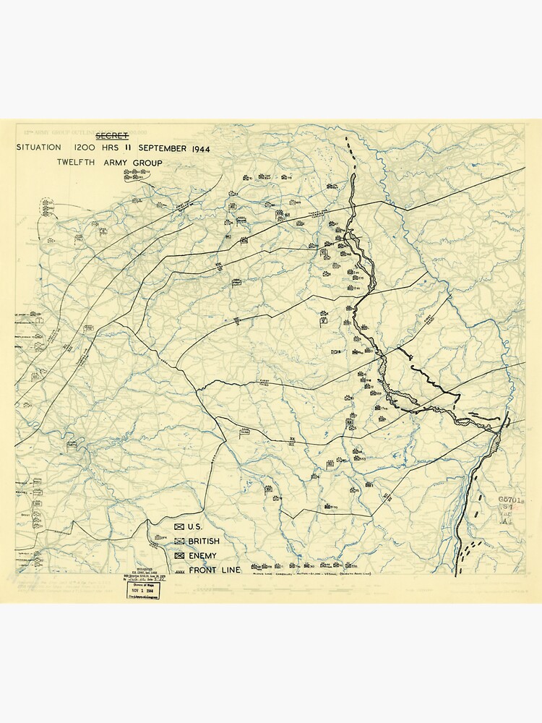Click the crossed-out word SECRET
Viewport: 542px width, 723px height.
click(x=112, y=135)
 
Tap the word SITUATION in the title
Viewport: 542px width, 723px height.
click(x=39, y=148)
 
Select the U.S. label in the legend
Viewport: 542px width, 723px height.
click(x=195, y=527)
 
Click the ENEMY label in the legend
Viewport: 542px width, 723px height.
click(x=202, y=556)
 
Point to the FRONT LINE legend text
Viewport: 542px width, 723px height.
click(x=214, y=570)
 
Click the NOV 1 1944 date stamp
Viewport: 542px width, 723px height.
click(x=142, y=591)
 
